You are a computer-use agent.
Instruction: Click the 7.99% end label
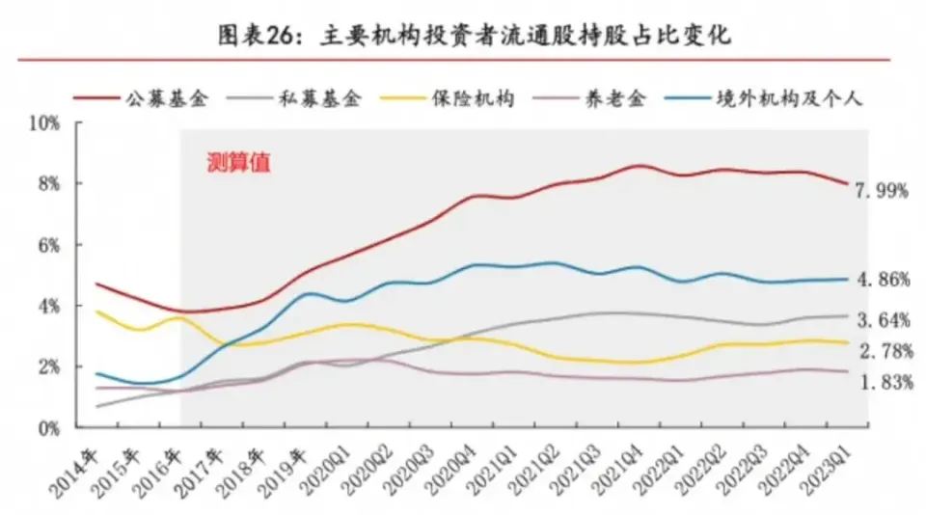click(882, 191)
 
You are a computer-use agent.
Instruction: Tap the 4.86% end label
click(882, 281)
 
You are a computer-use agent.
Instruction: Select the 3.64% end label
click(882, 318)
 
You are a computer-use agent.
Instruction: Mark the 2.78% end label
click(882, 349)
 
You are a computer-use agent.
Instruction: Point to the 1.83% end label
click(882, 382)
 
